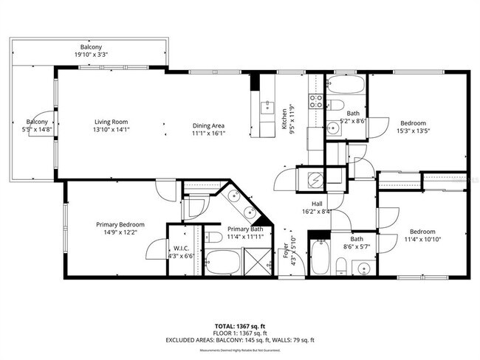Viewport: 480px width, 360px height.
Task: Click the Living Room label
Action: pos(111,122)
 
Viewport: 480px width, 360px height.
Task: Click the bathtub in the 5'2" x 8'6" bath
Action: pos(345,85)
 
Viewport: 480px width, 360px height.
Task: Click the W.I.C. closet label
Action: pos(180,248)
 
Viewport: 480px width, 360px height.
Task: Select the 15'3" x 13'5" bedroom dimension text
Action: pos(413,131)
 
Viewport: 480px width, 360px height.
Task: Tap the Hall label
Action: pos(316,203)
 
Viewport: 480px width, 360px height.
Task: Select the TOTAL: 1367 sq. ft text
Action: pos(239,325)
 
